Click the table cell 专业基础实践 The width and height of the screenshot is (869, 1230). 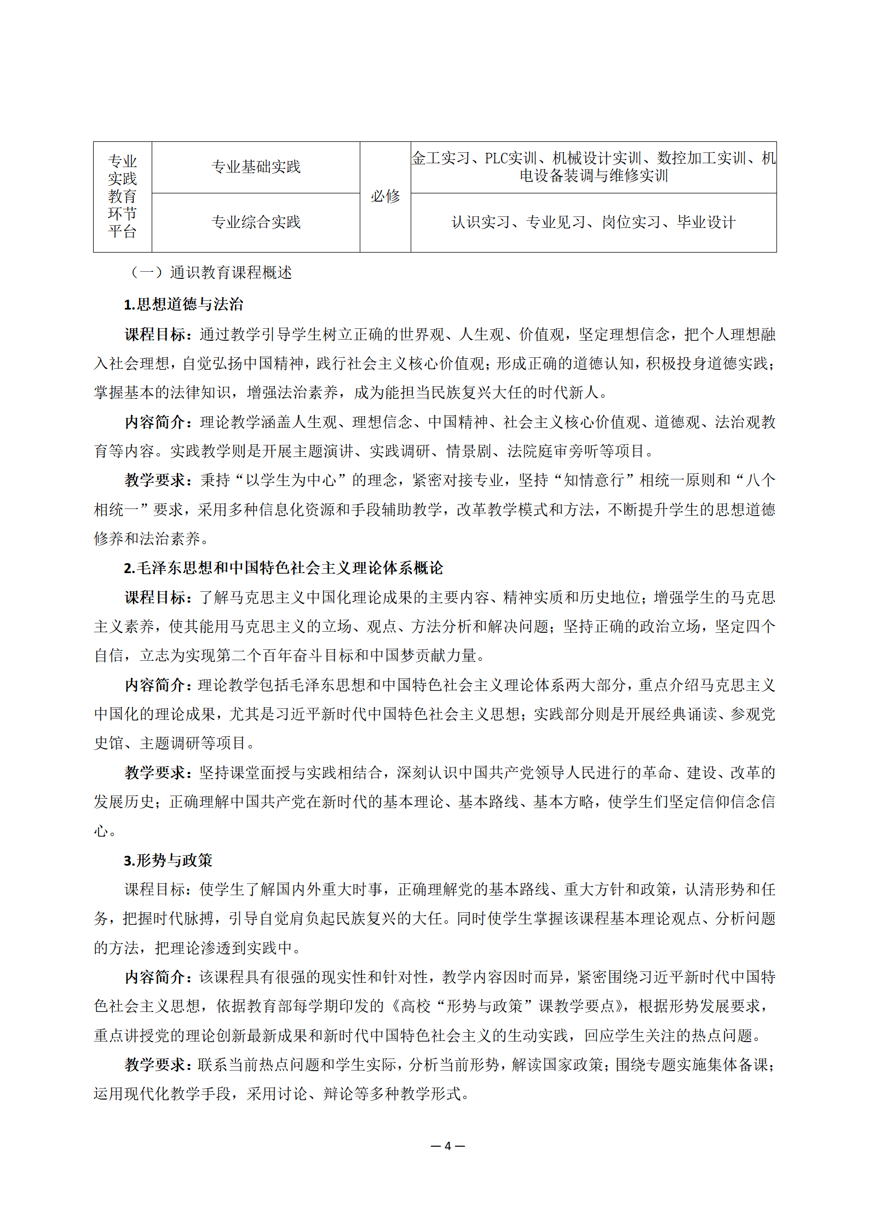[256, 167]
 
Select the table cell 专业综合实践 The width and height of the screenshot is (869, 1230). [256, 222]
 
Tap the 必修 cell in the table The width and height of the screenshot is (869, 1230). [385, 196]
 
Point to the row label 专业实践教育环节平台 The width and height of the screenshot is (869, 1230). [122, 196]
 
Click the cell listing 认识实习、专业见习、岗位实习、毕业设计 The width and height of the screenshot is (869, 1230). [593, 222]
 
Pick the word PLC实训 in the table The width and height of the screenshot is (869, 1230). [510, 158]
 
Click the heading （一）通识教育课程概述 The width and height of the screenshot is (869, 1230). [211, 272]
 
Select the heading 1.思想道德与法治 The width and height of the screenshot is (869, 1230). [183, 305]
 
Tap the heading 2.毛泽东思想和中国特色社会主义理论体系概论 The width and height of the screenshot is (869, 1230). [283, 568]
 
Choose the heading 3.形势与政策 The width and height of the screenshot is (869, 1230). [168, 861]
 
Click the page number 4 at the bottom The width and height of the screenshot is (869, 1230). [447, 1146]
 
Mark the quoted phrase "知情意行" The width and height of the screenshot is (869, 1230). [594, 480]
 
